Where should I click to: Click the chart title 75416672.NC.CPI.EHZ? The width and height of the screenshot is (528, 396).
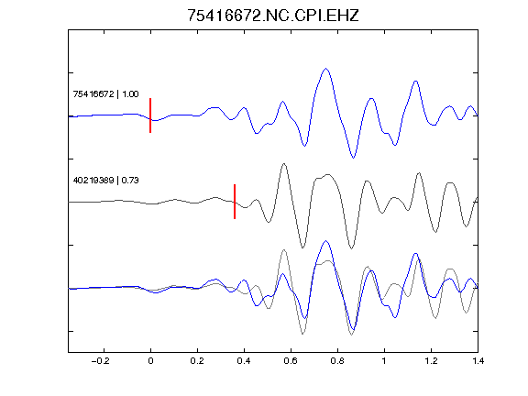coord(273,16)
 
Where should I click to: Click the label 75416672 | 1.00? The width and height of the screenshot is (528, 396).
coord(105,93)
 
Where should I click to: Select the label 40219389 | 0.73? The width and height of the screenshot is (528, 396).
coord(105,181)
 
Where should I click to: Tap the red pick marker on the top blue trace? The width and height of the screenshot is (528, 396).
coord(150,115)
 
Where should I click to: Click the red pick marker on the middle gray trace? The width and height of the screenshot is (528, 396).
coord(235,202)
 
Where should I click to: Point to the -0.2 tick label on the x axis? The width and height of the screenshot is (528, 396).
coord(101,361)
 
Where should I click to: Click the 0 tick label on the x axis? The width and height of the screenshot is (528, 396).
coord(150,361)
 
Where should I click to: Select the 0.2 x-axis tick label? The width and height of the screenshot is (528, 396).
coord(197,361)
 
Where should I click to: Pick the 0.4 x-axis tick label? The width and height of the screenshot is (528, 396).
coord(244,361)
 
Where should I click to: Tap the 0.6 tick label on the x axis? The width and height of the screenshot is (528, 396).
coord(291,361)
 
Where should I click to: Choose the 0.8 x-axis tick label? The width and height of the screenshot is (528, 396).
coord(337,361)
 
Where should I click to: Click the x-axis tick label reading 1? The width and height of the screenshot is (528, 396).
coord(384,361)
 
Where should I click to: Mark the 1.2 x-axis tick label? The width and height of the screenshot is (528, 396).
coord(431,361)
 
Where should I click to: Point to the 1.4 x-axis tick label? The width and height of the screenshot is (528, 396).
coord(478,361)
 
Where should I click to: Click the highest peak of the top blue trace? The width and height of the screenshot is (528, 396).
coord(325,69)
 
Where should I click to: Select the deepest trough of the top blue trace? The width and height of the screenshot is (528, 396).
coord(353,158)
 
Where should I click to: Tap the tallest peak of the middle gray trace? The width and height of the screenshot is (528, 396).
coord(284,164)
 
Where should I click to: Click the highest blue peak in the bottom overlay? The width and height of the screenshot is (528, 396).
coord(325,241)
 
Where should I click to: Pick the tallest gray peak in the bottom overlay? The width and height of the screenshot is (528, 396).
coord(284,250)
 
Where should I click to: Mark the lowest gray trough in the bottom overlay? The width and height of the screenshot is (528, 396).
coord(352,335)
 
